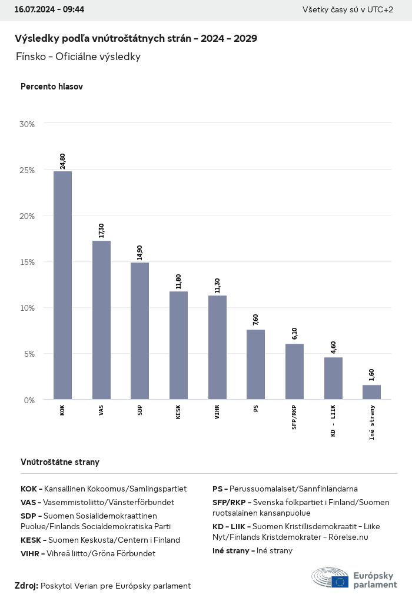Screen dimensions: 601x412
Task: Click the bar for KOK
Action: click(62, 285)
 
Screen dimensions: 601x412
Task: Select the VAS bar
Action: click(101, 320)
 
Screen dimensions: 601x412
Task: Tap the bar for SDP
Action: click(139, 331)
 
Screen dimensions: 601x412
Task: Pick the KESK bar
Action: click(178, 346)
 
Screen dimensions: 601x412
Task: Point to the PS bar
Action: click(255, 364)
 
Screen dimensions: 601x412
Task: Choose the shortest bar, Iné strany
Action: click(371, 392)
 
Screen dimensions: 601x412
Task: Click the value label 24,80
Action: click(62, 161)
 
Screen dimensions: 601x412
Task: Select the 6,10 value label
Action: click(294, 333)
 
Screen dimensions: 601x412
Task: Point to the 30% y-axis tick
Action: click(27, 124)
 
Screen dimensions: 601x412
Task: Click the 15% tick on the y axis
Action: click(27, 262)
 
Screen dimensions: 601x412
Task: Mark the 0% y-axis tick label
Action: click(29, 400)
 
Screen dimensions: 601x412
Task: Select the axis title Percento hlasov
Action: click(52, 87)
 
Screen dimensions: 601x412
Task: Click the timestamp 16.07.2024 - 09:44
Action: click(49, 10)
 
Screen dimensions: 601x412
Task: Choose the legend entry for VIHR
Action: click(88, 553)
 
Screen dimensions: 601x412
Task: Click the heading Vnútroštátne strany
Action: click(60, 462)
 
